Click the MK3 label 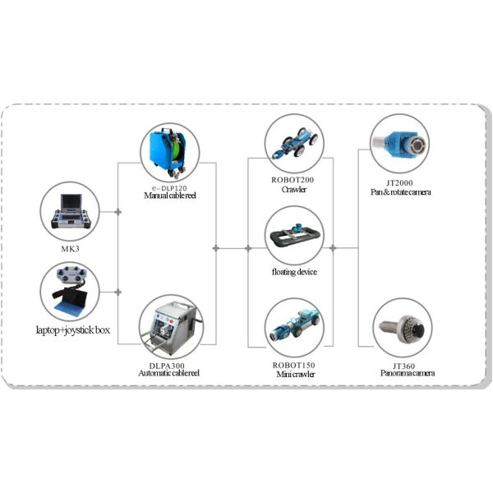[70, 246]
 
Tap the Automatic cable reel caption [169, 373]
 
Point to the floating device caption [294, 271]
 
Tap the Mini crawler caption [294, 374]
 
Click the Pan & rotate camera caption [400, 192]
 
